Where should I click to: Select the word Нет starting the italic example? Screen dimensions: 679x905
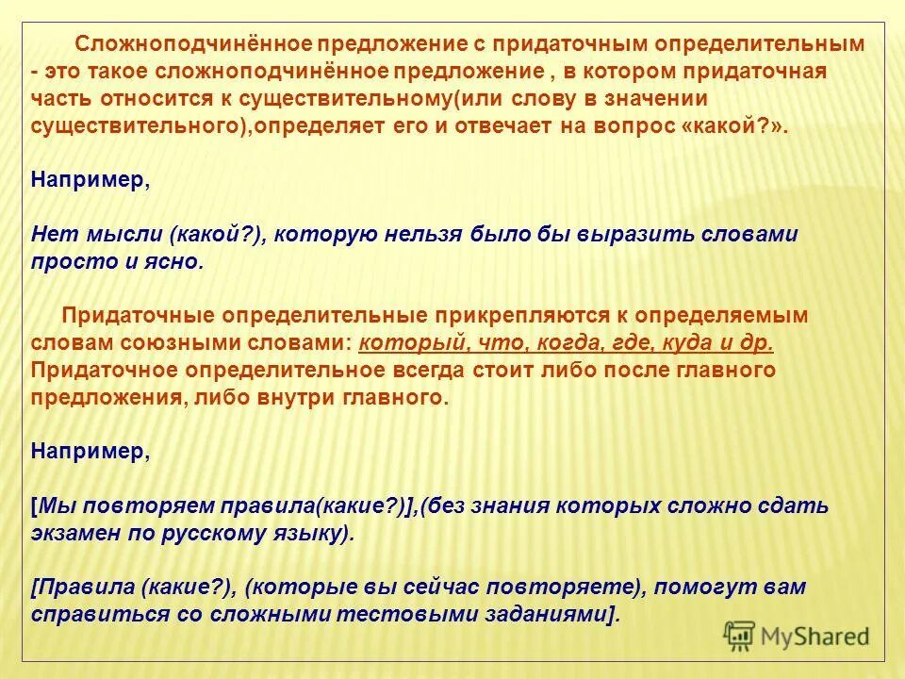tap(49, 235)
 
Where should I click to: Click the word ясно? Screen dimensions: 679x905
tap(175, 262)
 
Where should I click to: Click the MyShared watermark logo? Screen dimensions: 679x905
tap(798, 636)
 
